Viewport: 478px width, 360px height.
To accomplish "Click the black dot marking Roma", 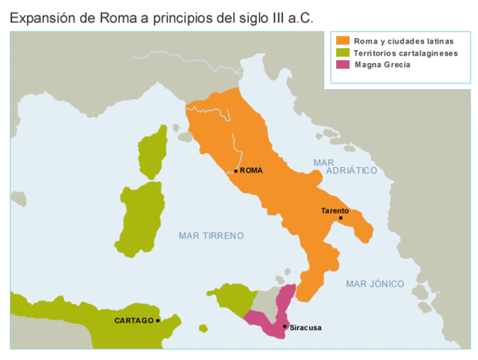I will (x=236, y=171).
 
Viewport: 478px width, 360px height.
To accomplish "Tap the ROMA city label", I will (x=251, y=171).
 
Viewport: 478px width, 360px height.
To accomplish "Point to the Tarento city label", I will (x=335, y=211).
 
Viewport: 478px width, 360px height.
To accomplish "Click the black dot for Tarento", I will (x=340, y=218).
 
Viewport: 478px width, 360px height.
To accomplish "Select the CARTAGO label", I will (x=134, y=321).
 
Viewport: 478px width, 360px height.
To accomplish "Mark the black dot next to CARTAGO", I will (x=158, y=321).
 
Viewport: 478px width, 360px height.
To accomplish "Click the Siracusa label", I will (x=305, y=328).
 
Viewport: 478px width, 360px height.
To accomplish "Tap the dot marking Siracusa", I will (x=284, y=326).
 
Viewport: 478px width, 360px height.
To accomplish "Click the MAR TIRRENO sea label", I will (x=212, y=235).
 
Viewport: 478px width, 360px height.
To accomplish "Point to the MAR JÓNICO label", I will (x=375, y=283).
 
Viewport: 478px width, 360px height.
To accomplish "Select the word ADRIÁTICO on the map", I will (x=352, y=171).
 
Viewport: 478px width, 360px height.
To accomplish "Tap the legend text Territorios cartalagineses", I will (x=405, y=53).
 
